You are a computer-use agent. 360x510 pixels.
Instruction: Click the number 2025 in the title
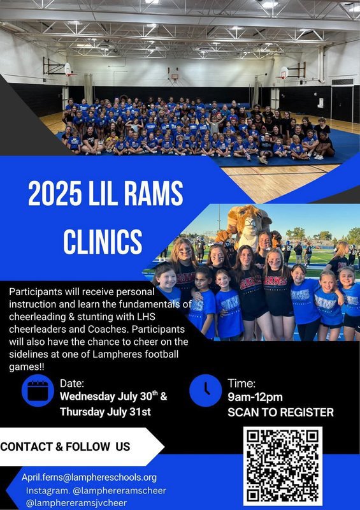point(55,194)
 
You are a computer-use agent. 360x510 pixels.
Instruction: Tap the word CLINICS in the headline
point(103,242)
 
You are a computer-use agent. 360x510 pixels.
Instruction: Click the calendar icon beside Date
point(38,390)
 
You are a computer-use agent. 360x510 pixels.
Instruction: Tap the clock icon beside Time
point(206,390)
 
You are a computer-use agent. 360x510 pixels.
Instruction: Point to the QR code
point(283,466)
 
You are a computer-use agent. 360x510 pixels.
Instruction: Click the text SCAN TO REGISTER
point(280,412)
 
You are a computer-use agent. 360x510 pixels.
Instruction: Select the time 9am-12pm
point(255,397)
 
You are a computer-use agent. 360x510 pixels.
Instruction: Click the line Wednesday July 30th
point(113,397)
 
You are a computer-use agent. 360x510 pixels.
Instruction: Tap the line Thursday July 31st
point(105,412)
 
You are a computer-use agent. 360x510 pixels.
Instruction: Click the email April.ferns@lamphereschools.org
point(89,477)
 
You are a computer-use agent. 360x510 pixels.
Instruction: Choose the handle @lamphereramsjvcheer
point(76,503)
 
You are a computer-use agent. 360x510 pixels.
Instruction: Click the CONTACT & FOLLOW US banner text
point(66,447)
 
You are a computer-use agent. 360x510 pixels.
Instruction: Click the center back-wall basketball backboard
point(175,76)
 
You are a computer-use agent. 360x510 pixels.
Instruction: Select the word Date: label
point(72,384)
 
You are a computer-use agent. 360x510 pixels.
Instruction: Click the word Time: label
point(241,384)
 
